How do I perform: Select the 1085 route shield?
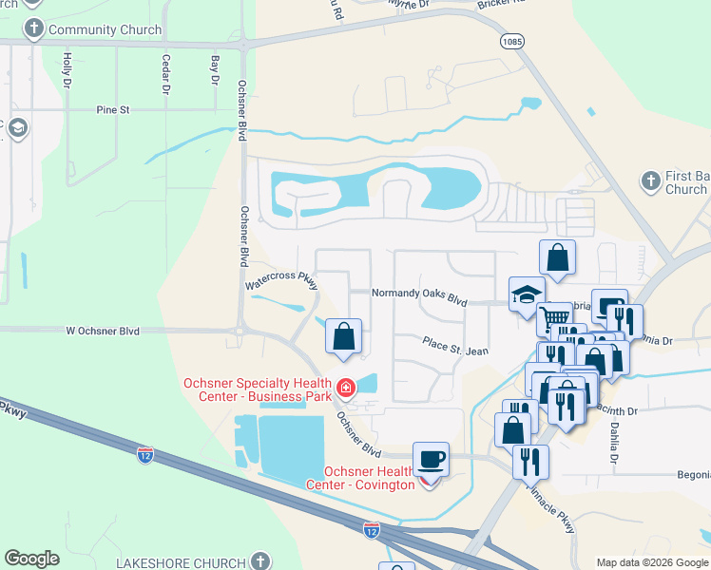point(511,41)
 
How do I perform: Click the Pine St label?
point(112,110)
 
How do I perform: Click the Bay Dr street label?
point(214,68)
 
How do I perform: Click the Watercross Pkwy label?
point(280,281)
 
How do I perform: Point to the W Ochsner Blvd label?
point(103,332)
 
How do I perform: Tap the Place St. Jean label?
point(455,347)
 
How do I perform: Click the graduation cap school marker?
point(525,294)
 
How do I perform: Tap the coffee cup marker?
point(431,460)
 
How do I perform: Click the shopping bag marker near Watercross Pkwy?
point(343,335)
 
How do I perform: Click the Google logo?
point(31,559)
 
